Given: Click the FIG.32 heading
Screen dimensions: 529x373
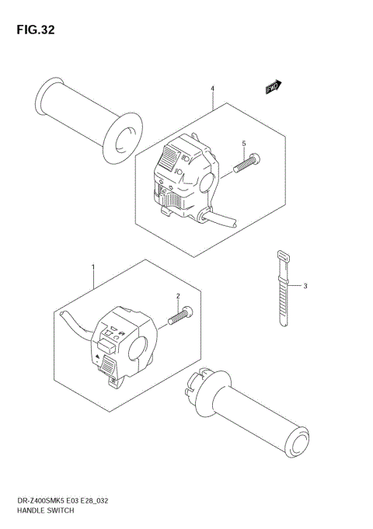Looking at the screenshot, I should pyautogui.click(x=33, y=30).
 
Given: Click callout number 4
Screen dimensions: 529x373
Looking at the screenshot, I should pyautogui.click(x=211, y=89).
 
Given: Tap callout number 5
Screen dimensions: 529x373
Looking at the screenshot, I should pyautogui.click(x=242, y=144).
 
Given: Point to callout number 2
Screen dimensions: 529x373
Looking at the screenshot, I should pyautogui.click(x=178, y=296).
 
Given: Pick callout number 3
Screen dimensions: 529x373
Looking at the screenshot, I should pyautogui.click(x=305, y=286).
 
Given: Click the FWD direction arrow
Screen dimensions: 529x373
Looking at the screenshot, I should pyautogui.click(x=273, y=88).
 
